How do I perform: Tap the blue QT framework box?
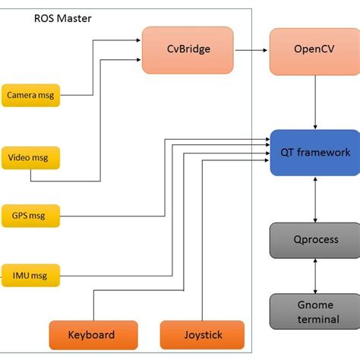pyautogui.click(x=314, y=152)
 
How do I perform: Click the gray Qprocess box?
pyautogui.click(x=314, y=239)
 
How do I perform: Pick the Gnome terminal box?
pyautogui.click(x=314, y=311)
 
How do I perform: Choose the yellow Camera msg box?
pyautogui.click(x=30, y=96)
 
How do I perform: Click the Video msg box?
pyautogui.click(x=30, y=159)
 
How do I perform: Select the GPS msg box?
pyautogui.click(x=30, y=216)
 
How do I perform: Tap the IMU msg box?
pyautogui.click(x=30, y=273)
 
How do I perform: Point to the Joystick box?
pyautogui.click(x=202, y=334)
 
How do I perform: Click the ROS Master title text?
pyautogui.click(x=64, y=17)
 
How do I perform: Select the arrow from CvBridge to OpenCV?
pyautogui.click(x=251, y=49)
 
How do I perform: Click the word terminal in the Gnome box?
pyautogui.click(x=316, y=319)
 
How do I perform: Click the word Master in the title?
pyautogui.click(x=76, y=17)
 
